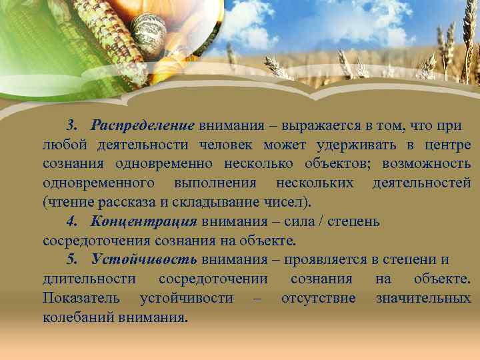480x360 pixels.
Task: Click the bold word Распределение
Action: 143,126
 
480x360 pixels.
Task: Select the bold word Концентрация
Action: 143,221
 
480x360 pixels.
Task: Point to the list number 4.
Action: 71,221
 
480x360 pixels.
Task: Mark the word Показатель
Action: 82,298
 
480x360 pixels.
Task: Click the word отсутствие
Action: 318,298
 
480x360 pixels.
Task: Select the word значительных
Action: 423,298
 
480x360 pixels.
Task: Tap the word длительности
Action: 89,279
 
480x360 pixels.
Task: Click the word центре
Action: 447,145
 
